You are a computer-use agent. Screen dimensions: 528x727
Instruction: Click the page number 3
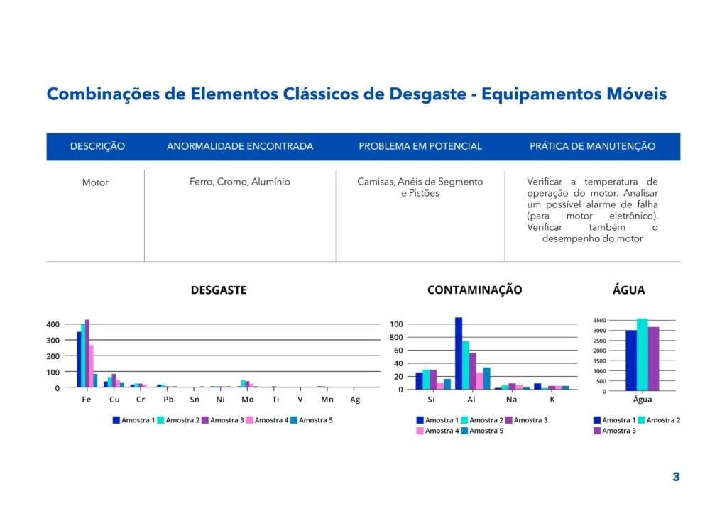[676, 477]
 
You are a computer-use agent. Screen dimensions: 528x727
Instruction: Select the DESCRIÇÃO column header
[97, 146]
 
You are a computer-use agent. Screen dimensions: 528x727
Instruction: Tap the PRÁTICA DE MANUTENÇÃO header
[592, 146]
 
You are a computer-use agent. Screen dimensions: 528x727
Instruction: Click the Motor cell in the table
[95, 182]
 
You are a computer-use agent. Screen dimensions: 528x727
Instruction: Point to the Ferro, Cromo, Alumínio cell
[239, 182]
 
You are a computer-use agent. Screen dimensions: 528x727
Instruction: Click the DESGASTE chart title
[219, 290]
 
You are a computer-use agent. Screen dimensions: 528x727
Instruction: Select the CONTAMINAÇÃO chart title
[474, 290]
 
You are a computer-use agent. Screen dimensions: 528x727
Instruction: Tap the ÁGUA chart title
[628, 290]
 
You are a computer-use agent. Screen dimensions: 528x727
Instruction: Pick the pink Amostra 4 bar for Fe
[91, 366]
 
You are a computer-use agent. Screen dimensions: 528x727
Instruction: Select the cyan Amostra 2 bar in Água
[642, 355]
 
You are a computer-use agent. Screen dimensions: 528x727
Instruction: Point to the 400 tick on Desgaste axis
[53, 324]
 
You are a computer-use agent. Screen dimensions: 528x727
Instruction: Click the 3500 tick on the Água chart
[600, 321]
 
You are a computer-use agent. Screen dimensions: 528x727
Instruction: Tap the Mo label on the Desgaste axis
[247, 400]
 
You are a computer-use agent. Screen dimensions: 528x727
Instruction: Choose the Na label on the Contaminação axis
[512, 400]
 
